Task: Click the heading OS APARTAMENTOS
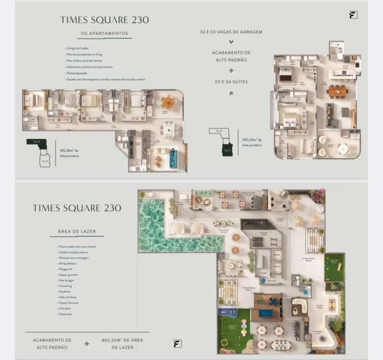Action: [x=104, y=34]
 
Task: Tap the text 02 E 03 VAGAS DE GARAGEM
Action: [x=231, y=32]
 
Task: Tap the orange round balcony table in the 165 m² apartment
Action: [x=167, y=102]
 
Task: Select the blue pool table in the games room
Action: [x=267, y=313]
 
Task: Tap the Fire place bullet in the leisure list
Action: [x=64, y=308]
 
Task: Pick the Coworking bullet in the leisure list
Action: [x=65, y=286]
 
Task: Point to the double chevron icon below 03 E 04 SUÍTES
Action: [x=231, y=93]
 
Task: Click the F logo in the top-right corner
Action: [x=353, y=15]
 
